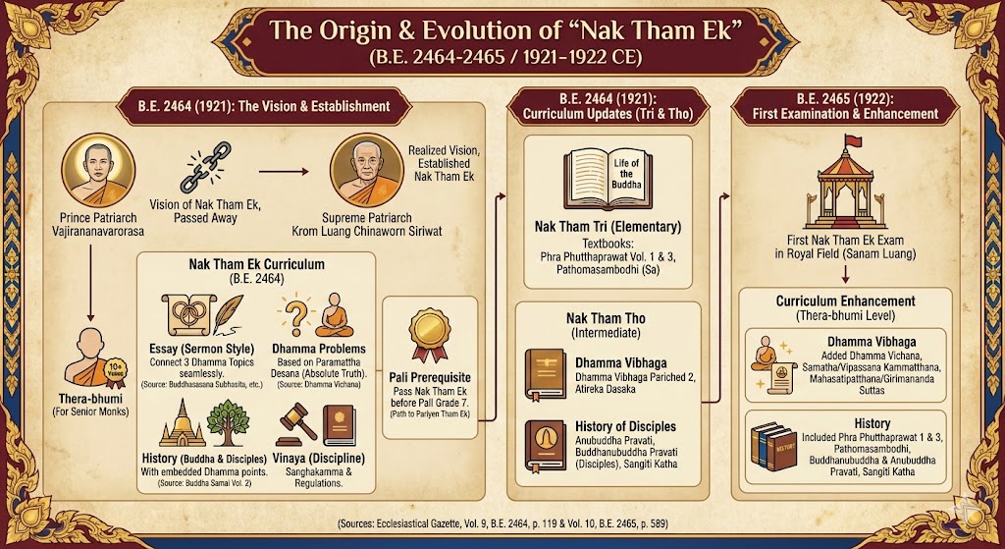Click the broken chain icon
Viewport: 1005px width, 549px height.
click(x=201, y=167)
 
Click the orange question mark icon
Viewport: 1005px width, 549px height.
click(x=292, y=315)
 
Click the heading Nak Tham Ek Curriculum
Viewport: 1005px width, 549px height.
click(x=256, y=264)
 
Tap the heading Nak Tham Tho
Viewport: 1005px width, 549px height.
click(x=606, y=319)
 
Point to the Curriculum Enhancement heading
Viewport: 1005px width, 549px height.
click(x=845, y=301)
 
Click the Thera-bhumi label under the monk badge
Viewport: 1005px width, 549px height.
click(x=90, y=398)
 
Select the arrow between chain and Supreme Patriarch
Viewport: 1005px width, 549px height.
click(x=284, y=172)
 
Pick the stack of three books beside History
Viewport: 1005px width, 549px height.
click(x=773, y=447)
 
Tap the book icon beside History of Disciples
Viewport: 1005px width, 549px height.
click(x=545, y=447)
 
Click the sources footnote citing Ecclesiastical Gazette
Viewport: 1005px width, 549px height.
click(x=503, y=523)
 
